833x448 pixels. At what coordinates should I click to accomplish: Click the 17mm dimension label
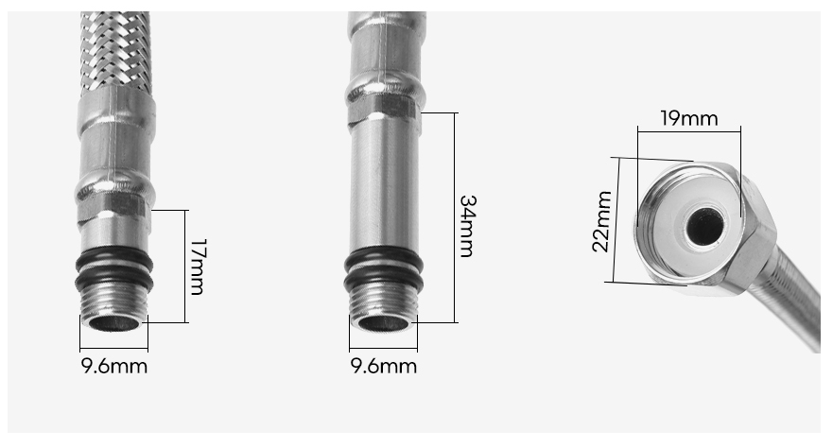point(197,267)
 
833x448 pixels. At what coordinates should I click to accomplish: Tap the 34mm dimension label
point(467,226)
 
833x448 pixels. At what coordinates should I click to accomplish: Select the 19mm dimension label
point(689,118)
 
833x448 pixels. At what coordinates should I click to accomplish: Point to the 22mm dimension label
point(601,221)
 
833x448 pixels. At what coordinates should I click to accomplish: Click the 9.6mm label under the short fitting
point(114,367)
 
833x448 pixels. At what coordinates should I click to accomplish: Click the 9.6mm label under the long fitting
point(384,367)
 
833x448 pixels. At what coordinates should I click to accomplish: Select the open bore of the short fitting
point(114,323)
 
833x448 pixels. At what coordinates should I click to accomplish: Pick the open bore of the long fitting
point(384,323)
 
